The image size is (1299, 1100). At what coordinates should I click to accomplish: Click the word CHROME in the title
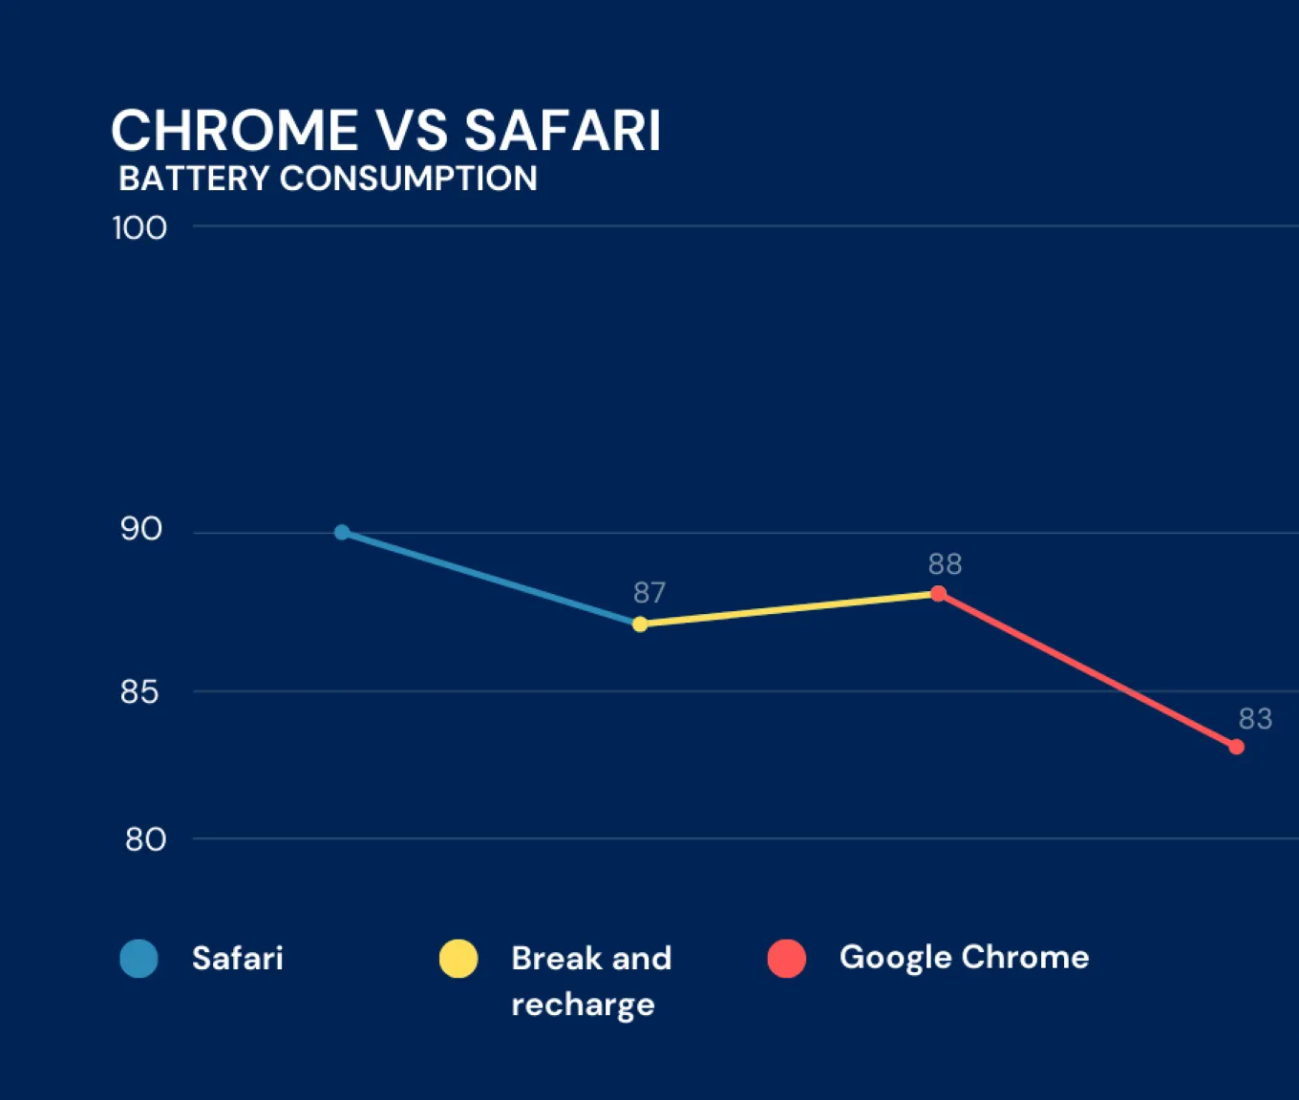coord(235,131)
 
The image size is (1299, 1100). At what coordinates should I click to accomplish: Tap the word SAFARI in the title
coord(563,131)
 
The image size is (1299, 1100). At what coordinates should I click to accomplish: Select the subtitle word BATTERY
coord(194,179)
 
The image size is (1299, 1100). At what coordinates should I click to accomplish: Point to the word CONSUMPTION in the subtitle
coord(408,179)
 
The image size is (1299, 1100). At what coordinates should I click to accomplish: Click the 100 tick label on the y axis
coord(139,228)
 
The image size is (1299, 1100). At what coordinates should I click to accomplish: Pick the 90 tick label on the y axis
coord(141,529)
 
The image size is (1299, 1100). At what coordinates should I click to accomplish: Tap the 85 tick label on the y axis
coord(139,691)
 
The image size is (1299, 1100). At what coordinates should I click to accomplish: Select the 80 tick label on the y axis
coord(145,839)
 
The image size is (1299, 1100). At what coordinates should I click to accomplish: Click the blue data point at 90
coord(342,532)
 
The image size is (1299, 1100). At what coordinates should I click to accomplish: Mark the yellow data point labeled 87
coord(640,624)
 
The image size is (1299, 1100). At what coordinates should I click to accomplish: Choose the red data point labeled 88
coord(938,594)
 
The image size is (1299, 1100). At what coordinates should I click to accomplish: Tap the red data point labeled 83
coord(1236,747)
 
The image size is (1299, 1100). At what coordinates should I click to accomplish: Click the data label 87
coord(649,593)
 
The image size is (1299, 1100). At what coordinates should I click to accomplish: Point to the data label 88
coord(945,564)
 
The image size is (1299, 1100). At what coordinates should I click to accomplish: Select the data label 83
coord(1255,718)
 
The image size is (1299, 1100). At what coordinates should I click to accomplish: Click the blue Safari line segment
coord(491,578)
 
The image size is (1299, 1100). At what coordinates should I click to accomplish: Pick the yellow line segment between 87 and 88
coord(789,609)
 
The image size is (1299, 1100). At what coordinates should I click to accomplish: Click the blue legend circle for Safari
coord(139,959)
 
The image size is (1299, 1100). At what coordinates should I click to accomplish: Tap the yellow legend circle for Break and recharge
coord(458,959)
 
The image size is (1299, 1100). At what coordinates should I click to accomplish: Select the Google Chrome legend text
coord(964,957)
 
